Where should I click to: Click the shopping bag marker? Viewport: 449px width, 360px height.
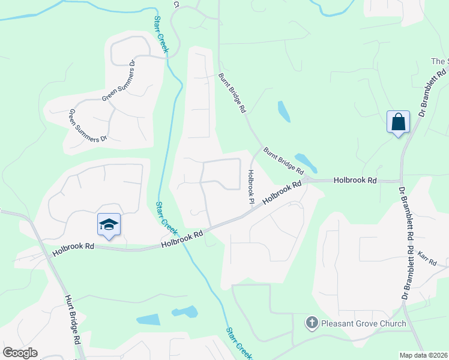click(x=398, y=122)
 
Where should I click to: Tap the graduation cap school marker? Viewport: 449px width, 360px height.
click(x=109, y=225)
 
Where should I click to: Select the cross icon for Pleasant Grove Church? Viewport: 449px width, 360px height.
click(x=311, y=323)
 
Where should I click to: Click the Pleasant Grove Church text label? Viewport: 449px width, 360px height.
click(x=364, y=324)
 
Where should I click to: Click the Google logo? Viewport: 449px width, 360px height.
click(x=20, y=353)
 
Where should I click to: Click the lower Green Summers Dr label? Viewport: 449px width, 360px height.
click(x=87, y=125)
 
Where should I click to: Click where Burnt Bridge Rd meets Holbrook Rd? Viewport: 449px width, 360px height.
click(x=306, y=179)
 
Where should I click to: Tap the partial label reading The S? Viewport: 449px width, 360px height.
click(x=439, y=61)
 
